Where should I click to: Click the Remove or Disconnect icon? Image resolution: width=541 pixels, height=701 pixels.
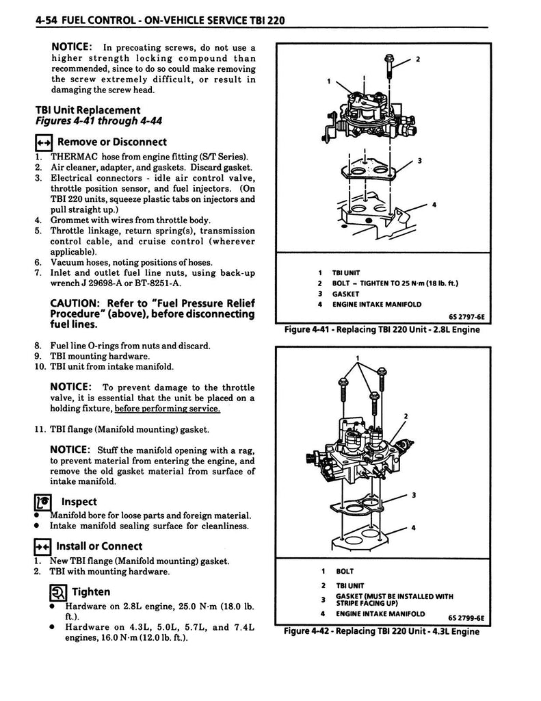[43, 142]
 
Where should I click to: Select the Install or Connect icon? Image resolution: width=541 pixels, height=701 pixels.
[43, 546]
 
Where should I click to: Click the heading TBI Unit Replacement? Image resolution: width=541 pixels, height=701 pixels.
[88, 110]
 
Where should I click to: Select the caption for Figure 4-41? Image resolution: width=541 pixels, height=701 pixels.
[382, 330]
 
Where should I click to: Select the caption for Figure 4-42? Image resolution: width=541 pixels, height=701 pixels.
[382, 631]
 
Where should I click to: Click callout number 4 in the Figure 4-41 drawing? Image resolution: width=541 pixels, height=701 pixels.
[434, 205]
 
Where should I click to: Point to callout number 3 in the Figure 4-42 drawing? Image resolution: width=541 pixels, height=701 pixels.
[413, 495]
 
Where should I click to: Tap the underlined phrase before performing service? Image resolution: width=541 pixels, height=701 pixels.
[168, 409]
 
